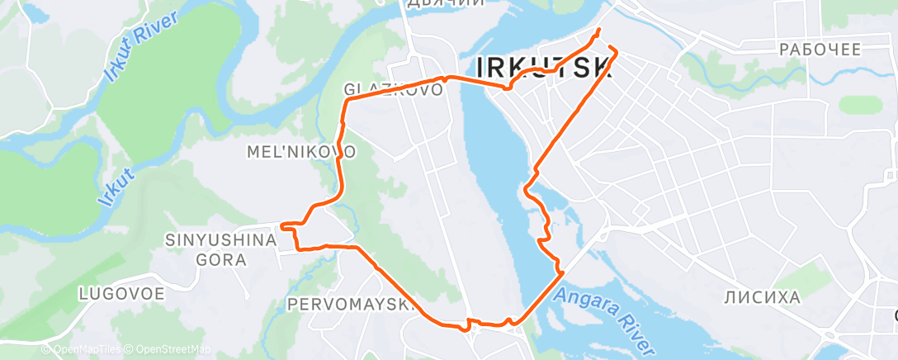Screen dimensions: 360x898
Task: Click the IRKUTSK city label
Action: pos(545,66)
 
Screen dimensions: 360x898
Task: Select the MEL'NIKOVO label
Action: pos(301,153)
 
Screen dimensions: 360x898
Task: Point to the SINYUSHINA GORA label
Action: pos(220,249)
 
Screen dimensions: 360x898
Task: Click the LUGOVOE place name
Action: pos(121,293)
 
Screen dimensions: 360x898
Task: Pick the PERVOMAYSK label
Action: pos(350,305)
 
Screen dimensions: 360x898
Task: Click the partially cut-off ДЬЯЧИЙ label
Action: pos(446,4)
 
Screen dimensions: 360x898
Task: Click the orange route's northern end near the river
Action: pos(598,31)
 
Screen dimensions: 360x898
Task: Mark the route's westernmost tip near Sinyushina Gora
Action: pos(282,225)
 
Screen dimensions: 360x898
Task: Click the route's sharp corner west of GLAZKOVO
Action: pos(346,99)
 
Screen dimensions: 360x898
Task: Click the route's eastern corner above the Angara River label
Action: pos(562,271)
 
